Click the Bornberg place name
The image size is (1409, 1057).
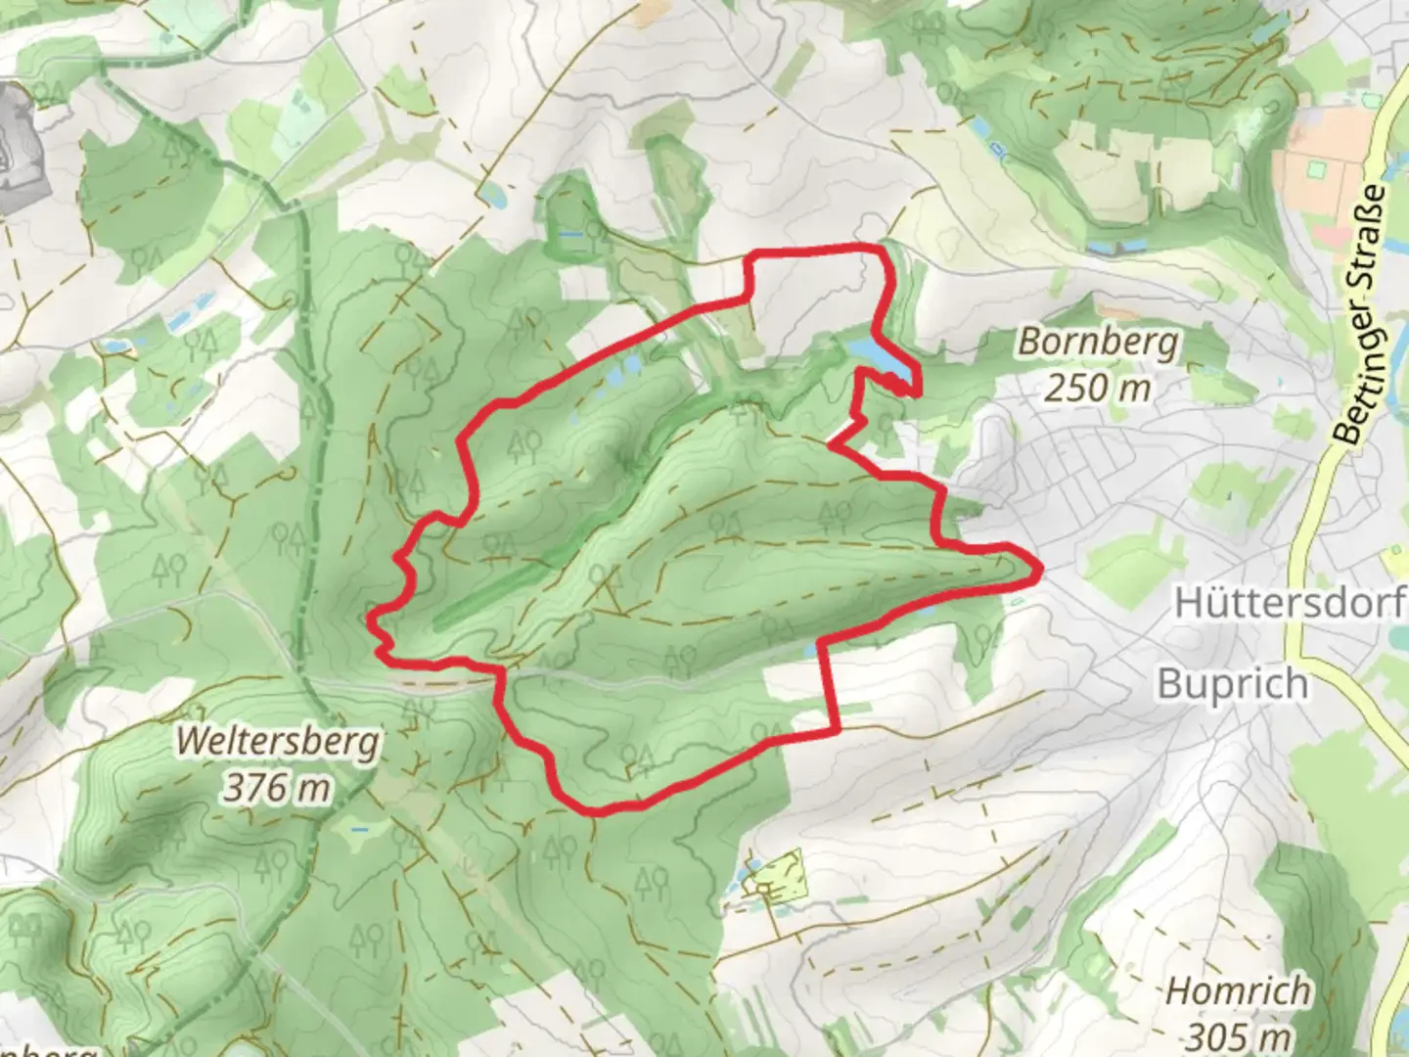(x=1099, y=343)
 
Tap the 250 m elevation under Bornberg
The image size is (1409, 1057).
(x=1097, y=389)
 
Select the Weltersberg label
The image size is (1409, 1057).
(x=277, y=743)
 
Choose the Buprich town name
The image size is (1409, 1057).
(x=1232, y=683)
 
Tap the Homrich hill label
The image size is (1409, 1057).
(x=1238, y=990)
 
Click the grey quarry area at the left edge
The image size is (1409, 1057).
(x=22, y=147)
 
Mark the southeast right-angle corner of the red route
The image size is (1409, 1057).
(x=838, y=729)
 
